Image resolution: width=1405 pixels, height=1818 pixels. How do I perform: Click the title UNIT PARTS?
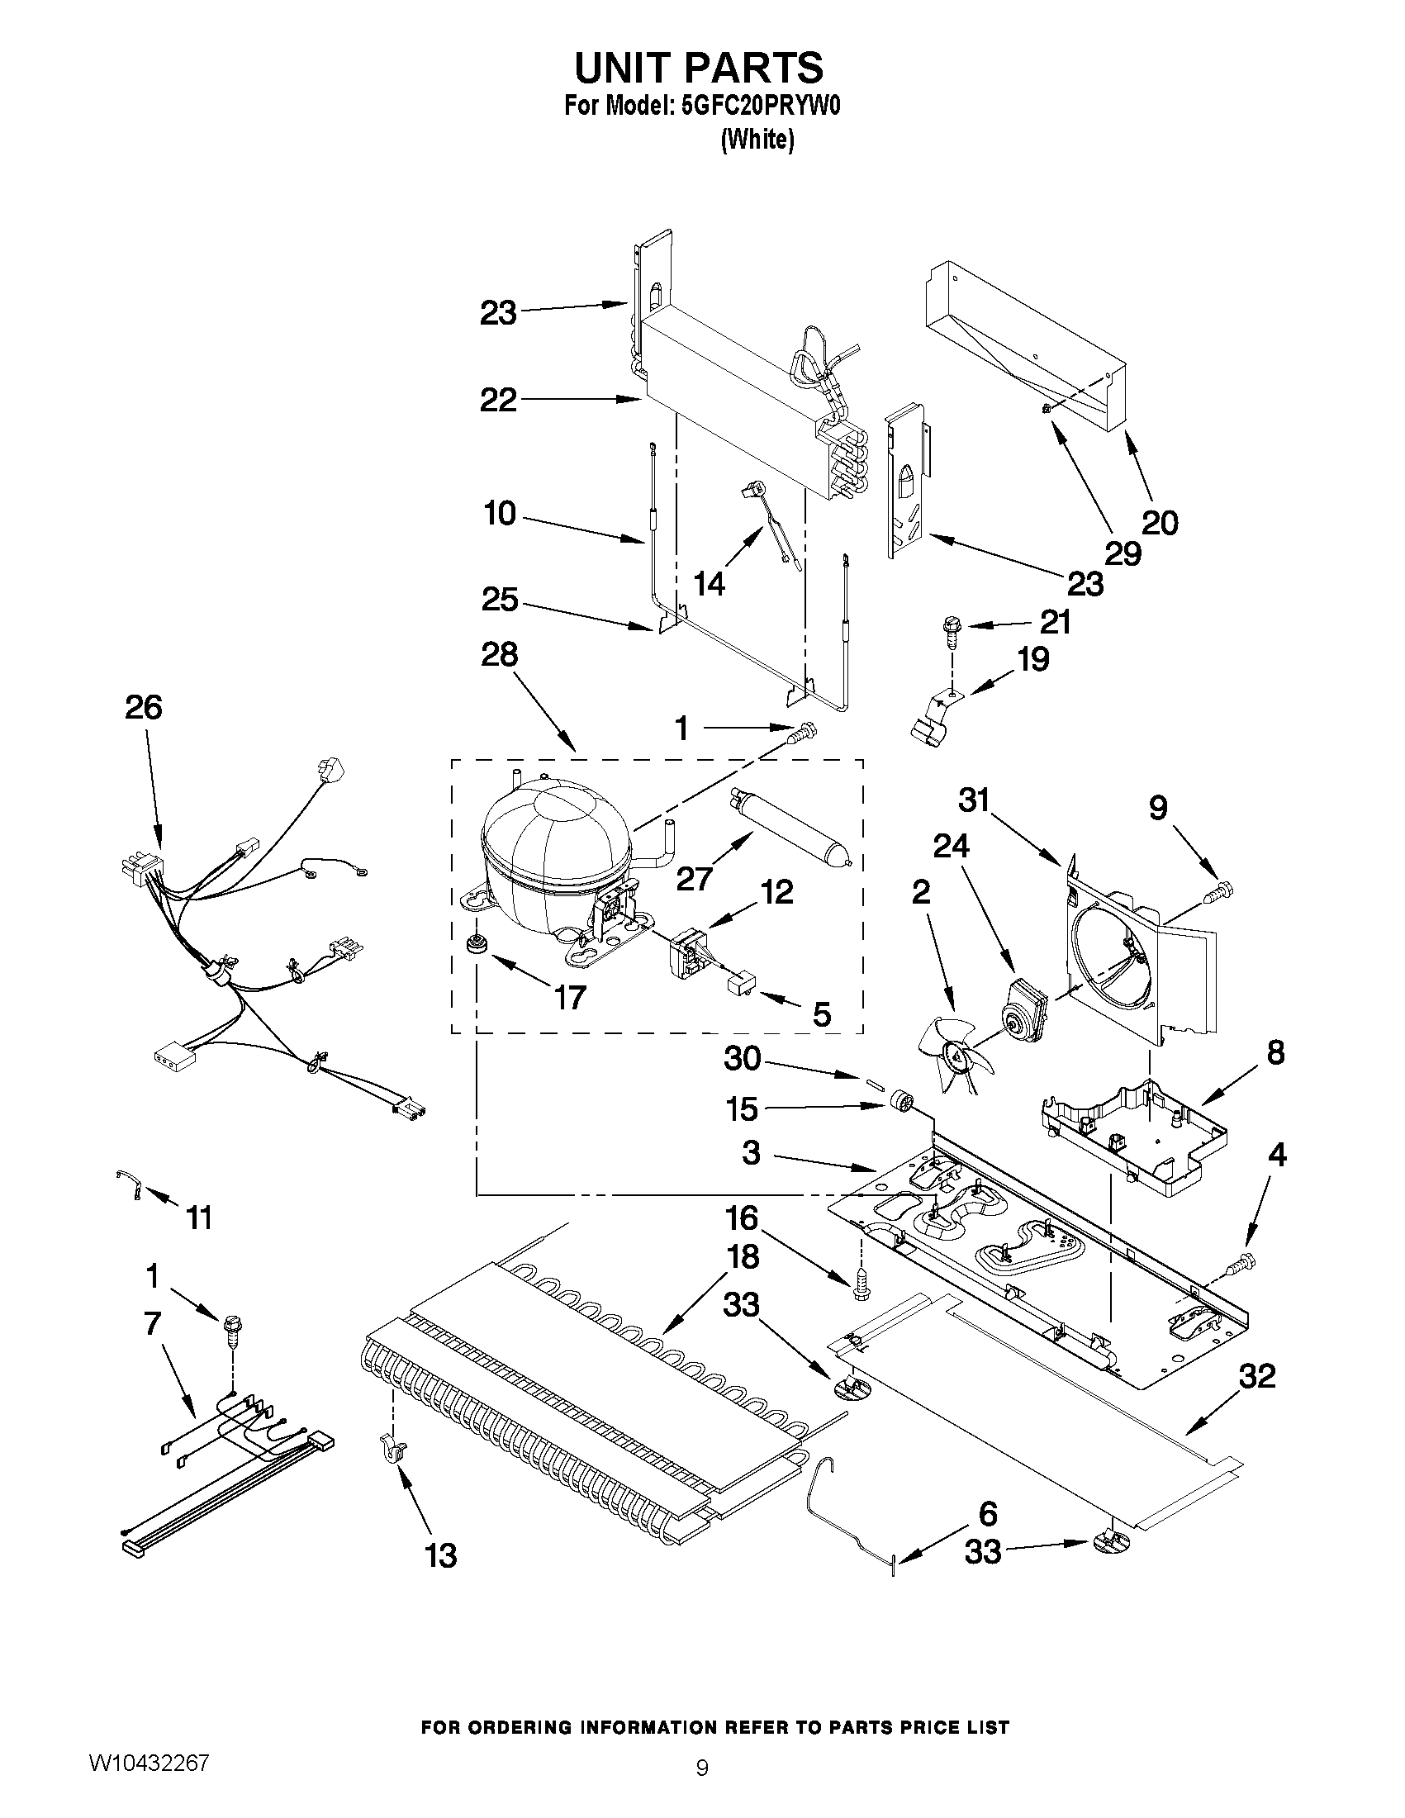[699, 67]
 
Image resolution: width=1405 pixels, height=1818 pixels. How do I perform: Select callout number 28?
[500, 654]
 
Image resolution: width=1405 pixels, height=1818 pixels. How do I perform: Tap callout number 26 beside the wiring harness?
[143, 708]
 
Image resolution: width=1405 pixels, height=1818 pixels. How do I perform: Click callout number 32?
[1258, 1377]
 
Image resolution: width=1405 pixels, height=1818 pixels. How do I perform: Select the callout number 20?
[1160, 523]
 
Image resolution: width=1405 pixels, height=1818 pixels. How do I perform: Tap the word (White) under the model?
[757, 140]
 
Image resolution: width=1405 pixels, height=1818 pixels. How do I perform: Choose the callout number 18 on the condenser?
[743, 1257]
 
